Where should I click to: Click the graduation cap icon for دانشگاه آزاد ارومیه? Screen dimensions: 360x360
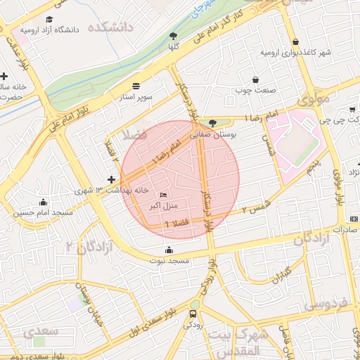pos(49,19)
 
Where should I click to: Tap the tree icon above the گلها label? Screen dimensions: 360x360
pos(173,35)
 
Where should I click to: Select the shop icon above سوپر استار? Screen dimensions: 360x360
pos(136,84)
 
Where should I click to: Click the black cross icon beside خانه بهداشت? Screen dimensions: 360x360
pos(111,180)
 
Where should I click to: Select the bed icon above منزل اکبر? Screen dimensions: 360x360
pos(164,195)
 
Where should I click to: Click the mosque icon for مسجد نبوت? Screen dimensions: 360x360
pos(169,250)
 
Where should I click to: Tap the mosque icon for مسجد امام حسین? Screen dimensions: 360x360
pos(44,202)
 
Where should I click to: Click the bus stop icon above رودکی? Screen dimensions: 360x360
pos(194,314)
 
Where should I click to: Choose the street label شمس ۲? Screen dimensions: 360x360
pos(255,205)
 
